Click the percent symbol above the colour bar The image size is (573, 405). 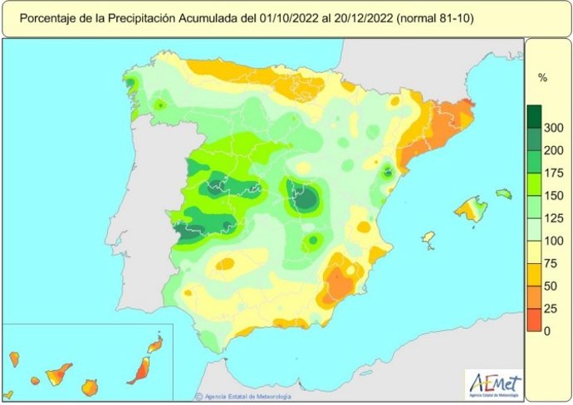pyautogui.click(x=542, y=78)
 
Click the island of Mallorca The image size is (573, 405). pyautogui.click(x=471, y=209)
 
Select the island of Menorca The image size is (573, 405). pyautogui.click(x=503, y=193)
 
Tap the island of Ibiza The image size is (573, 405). pyautogui.click(x=429, y=239)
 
